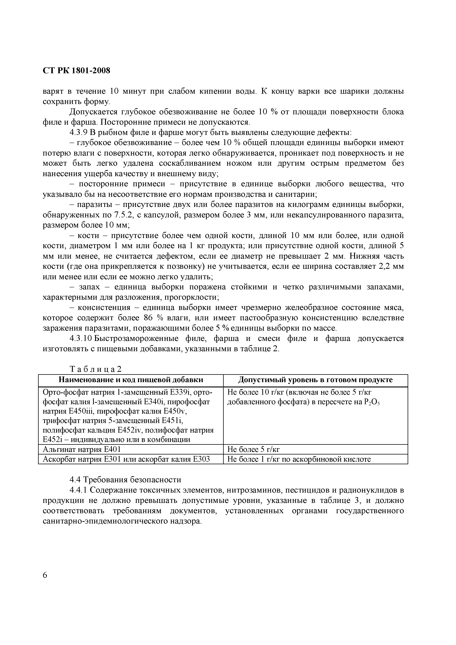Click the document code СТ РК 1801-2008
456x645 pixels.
point(76,71)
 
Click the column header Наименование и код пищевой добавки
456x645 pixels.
point(131,380)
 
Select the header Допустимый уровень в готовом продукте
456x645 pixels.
point(315,380)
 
